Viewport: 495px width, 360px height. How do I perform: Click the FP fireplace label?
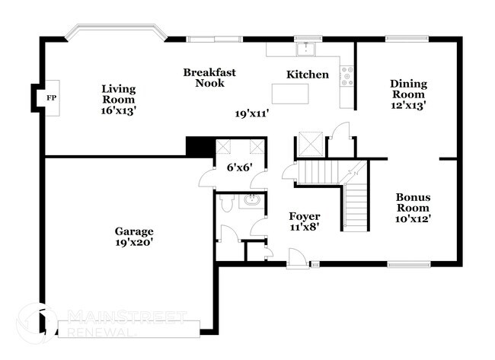point(52,98)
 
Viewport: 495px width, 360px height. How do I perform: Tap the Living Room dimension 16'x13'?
point(118,111)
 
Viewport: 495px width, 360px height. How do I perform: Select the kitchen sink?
point(306,49)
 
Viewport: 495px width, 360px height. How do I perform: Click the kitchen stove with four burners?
point(347,76)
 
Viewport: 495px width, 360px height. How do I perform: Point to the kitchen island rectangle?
point(290,94)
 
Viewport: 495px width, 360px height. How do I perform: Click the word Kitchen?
point(308,75)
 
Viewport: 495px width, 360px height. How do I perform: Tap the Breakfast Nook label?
point(209,78)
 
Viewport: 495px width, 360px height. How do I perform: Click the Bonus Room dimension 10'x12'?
point(414,218)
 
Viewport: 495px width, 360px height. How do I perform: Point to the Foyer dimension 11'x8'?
point(305,227)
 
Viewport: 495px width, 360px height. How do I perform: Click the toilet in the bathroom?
point(226,202)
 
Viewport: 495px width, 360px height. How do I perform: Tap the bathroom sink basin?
point(251,200)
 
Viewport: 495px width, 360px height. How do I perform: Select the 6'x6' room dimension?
point(240,167)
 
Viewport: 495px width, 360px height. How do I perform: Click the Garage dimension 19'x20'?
point(134,242)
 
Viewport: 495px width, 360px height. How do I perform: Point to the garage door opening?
point(129,329)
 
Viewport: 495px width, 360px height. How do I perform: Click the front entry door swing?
point(297,258)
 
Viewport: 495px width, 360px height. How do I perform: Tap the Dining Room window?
point(407,39)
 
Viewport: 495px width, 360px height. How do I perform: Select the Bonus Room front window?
point(409,264)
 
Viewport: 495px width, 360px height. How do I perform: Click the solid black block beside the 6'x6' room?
point(200,146)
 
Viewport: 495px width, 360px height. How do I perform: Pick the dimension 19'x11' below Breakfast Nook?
point(251,113)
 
